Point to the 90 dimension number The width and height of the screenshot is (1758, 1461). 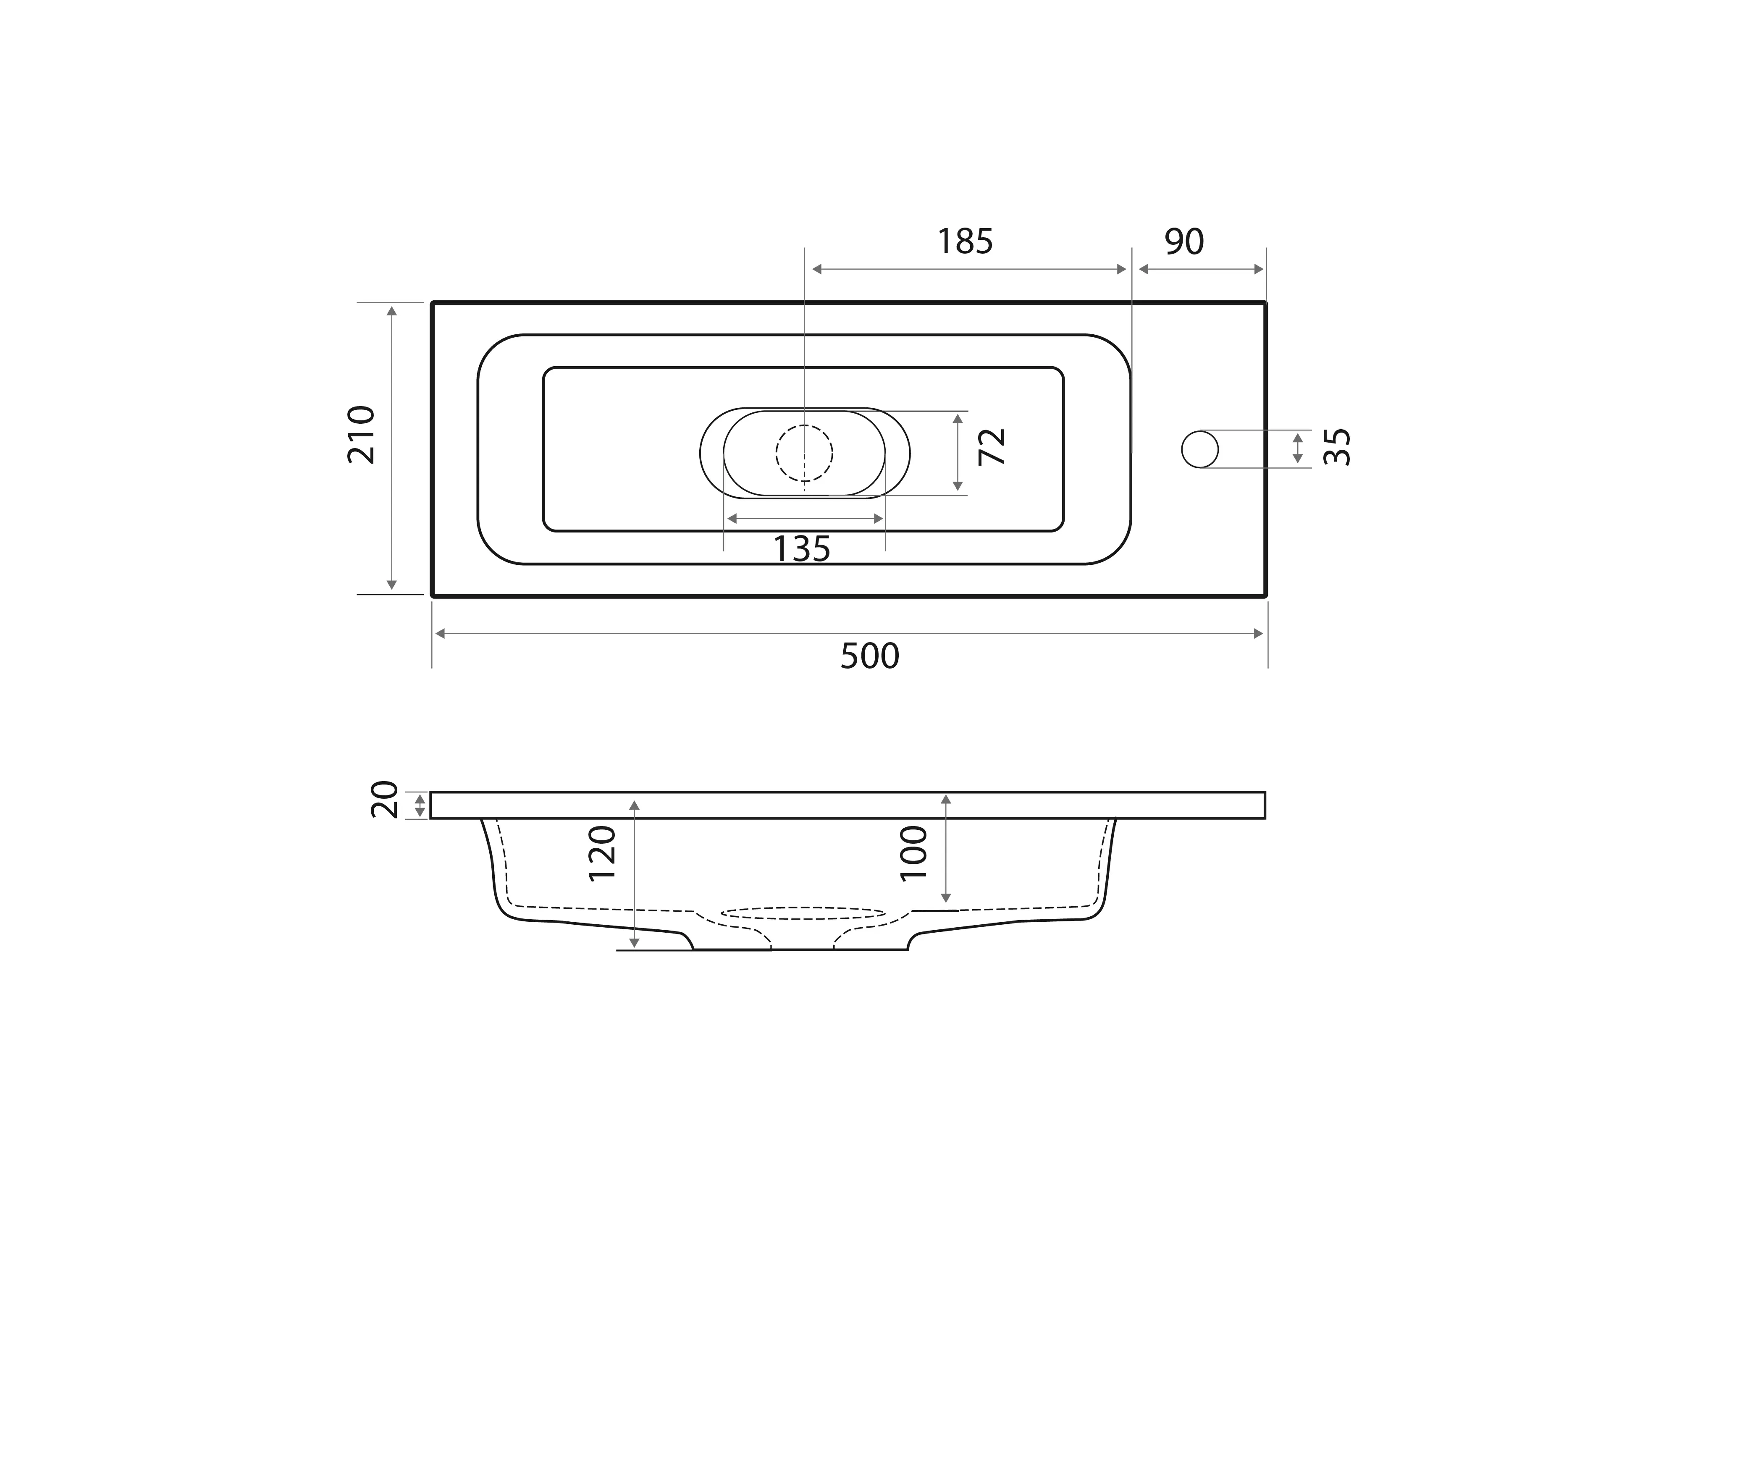1184,242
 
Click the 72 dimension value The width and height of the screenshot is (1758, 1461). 992,446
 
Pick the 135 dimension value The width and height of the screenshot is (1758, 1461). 801,549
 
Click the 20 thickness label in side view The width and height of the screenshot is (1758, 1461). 384,800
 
